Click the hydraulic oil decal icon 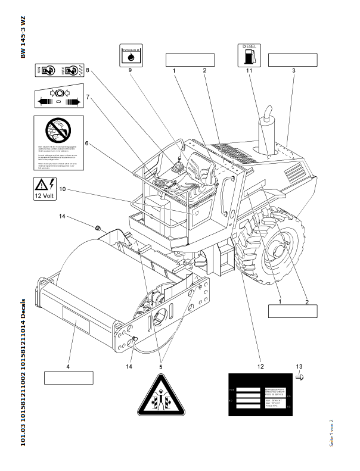click(131, 56)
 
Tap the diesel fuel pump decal click(250, 55)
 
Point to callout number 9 click(131, 70)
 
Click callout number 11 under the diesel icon click(250, 70)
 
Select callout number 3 click(294, 70)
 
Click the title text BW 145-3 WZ click(23, 38)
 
